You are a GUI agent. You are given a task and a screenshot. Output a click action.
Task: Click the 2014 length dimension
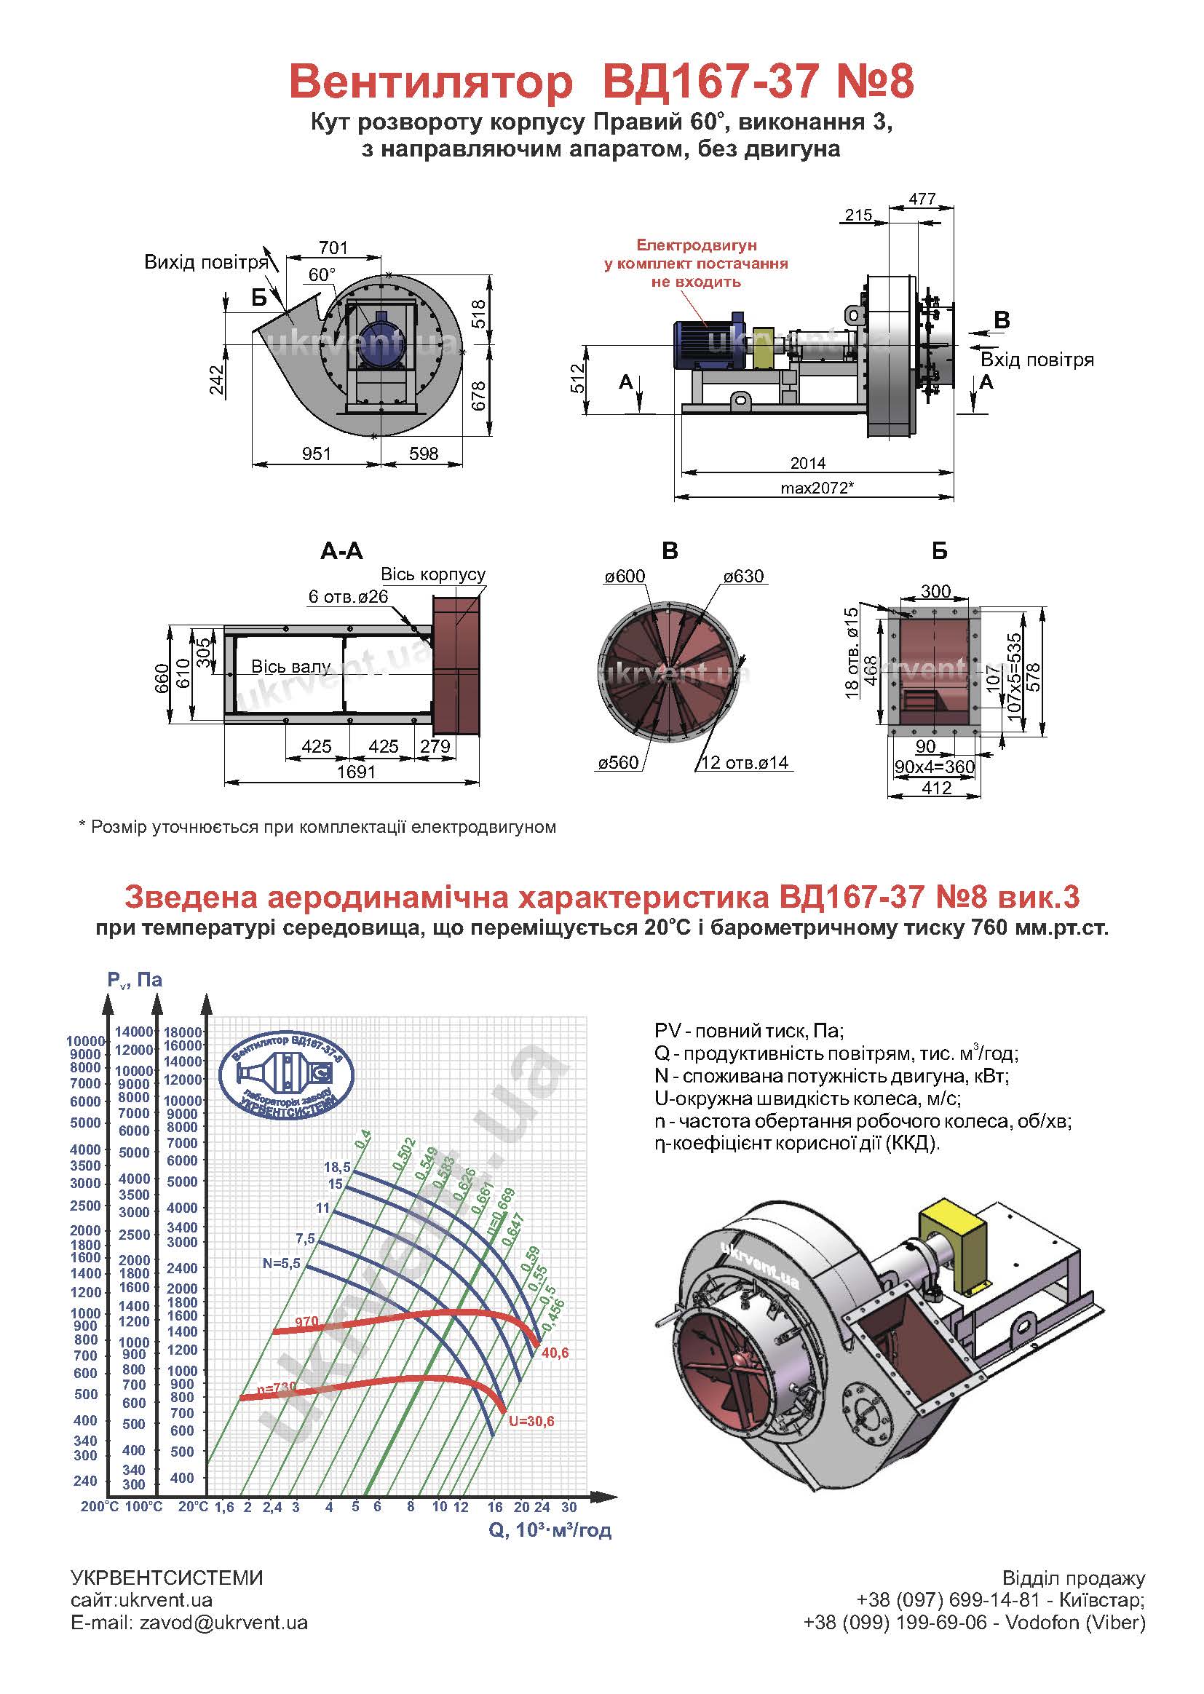point(807,463)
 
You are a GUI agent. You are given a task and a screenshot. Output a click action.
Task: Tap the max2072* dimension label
point(817,488)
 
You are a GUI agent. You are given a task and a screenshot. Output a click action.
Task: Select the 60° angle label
point(322,275)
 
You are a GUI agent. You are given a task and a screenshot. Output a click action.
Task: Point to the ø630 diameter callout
point(743,577)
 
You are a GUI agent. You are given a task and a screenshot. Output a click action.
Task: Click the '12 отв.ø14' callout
point(745,763)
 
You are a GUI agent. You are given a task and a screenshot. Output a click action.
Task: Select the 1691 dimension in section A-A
point(356,772)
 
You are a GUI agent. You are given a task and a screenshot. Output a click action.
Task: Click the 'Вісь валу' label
point(290,667)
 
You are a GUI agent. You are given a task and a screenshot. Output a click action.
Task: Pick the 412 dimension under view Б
point(935,788)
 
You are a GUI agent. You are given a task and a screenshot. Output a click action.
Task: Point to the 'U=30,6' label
point(531,1421)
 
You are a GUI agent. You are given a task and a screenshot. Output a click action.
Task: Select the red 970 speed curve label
point(306,1322)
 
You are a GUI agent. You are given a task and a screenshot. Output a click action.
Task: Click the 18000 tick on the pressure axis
point(183,1032)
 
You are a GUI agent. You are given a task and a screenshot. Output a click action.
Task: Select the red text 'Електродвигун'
point(697,245)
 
